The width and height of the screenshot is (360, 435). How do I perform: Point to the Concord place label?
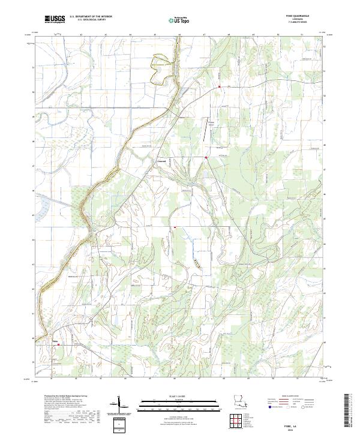161,160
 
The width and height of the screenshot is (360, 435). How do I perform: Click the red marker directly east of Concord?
206,158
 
